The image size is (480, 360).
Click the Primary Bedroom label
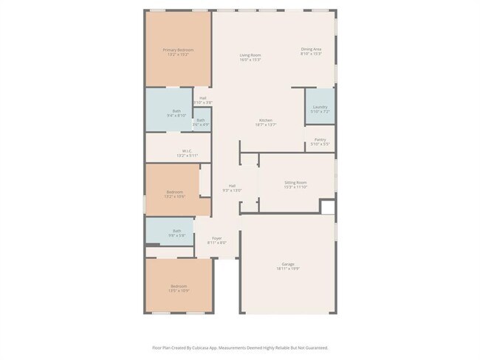(177, 49)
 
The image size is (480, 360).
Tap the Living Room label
(250, 55)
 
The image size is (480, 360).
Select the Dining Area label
(311, 49)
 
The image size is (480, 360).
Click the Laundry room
(320, 108)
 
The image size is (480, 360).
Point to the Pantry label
(320, 139)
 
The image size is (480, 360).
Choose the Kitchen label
(265, 120)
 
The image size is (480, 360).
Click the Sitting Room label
(295, 182)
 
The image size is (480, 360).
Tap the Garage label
(287, 264)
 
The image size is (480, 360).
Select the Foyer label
(217, 238)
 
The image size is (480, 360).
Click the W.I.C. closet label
(177, 151)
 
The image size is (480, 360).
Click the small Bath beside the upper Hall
(200, 120)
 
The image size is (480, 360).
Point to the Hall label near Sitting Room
(232, 186)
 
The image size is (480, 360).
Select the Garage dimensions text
(287, 269)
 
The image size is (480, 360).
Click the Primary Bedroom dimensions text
(177, 55)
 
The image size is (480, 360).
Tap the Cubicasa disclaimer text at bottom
(240, 347)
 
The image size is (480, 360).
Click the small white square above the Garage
(328, 207)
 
